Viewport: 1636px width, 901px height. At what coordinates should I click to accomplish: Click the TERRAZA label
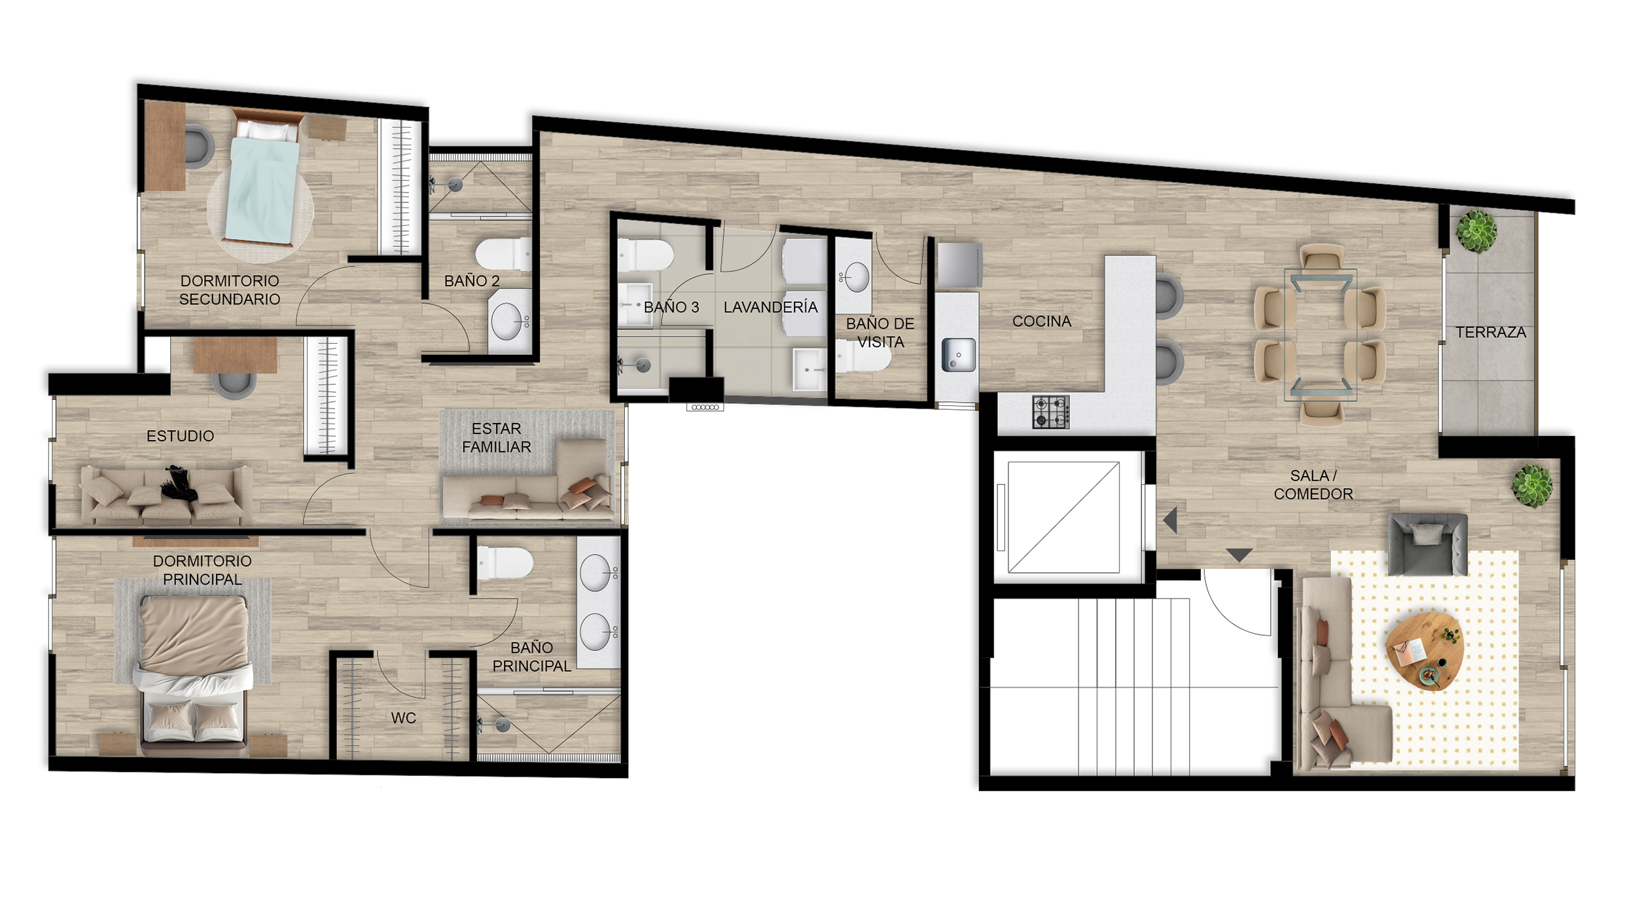point(1491,333)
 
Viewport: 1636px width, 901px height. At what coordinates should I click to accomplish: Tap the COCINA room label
point(1042,322)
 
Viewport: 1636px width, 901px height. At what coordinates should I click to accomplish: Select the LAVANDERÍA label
point(770,307)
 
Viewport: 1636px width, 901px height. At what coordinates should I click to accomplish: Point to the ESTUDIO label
point(180,436)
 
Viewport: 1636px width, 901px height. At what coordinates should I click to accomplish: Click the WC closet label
point(403,718)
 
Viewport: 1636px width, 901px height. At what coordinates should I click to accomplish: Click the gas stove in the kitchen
point(1051,412)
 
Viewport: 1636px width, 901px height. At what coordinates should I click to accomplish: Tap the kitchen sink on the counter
point(958,355)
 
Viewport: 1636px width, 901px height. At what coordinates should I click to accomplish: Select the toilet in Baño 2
point(503,255)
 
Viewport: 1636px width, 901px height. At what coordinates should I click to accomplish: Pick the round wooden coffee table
point(1425,650)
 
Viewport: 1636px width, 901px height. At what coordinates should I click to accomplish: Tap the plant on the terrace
point(1476,230)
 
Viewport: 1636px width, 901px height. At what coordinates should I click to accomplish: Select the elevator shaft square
point(1063,517)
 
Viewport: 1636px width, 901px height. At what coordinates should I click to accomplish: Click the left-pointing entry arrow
point(1170,521)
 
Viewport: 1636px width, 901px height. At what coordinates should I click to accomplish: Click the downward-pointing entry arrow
point(1239,555)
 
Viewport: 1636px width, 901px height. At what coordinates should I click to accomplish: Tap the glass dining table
point(1321,335)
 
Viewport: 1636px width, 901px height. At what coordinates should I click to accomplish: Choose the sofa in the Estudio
point(166,495)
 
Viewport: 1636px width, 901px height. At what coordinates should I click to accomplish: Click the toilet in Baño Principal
point(505,563)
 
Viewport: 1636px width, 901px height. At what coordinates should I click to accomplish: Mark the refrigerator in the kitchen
point(960,265)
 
